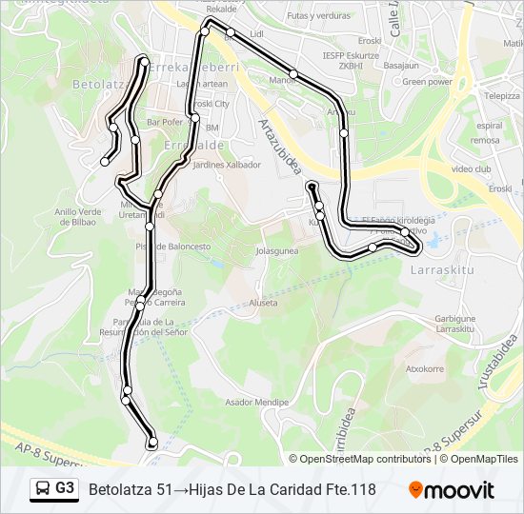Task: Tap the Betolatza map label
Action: coord(100,85)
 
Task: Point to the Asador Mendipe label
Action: coord(256,403)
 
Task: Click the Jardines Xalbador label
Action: coord(227,165)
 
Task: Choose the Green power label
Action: coord(427,82)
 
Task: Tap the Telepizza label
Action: coord(500,96)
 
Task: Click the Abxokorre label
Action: coord(425,368)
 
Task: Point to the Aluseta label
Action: coord(263,303)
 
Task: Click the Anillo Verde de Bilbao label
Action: coord(77,217)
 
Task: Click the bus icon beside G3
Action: coord(43,489)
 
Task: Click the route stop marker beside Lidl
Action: coord(231,32)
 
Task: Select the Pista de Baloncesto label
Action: coord(172,246)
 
